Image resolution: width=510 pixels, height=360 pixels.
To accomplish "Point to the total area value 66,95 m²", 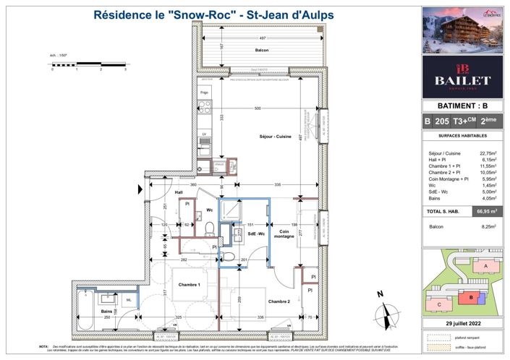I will point(486,212).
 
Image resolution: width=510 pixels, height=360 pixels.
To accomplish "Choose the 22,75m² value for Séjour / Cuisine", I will point(493,153).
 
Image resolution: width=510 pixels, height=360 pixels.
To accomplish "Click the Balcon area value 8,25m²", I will point(493,226).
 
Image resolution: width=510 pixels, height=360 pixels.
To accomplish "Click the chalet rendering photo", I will point(463,30).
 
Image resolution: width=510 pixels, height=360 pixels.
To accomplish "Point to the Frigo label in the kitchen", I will point(205,93).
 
